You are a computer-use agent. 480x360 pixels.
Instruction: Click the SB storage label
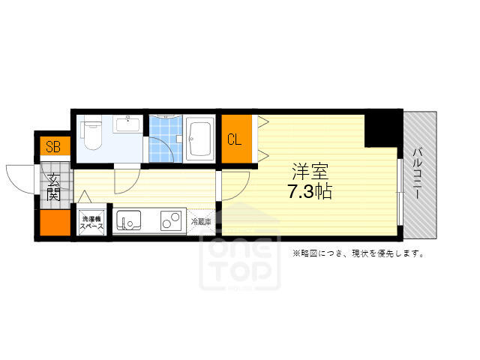pos(53,147)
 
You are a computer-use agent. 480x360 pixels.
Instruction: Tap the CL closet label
pos(235,139)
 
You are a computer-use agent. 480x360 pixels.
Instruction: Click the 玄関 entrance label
pos(54,187)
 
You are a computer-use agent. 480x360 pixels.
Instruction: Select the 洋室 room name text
pos(310,172)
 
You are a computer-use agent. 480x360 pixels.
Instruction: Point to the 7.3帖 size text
pos(310,192)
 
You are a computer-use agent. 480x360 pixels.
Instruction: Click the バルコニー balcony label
pos(418,173)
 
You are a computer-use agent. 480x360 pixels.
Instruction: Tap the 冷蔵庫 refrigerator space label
pos(201,222)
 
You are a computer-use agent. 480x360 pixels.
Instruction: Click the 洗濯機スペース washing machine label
pos(91,223)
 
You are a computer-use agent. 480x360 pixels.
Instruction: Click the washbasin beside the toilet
pos(127,124)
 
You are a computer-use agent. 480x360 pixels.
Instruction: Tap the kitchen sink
pos(128,220)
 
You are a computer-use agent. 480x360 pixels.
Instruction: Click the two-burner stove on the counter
pos(171,220)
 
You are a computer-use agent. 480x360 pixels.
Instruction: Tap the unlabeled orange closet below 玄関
pos(55,223)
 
